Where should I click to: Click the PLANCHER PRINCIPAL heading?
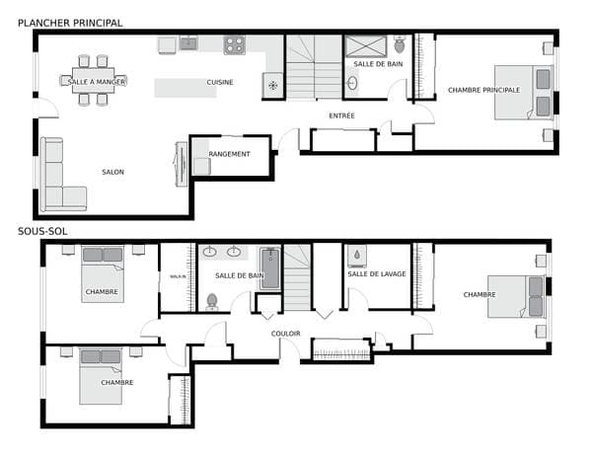(70, 23)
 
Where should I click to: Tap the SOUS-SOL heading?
(42, 231)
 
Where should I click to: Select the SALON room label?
(112, 172)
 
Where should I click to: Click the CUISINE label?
(220, 82)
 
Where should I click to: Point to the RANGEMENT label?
(229, 154)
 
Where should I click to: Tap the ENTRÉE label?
(341, 115)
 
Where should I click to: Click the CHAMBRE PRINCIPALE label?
(484, 90)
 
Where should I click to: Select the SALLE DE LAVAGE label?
(377, 273)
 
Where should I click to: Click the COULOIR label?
(286, 334)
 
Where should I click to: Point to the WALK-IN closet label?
(178, 276)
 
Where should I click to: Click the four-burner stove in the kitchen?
(235, 45)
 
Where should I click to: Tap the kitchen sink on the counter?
(188, 43)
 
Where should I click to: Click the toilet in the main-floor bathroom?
(399, 44)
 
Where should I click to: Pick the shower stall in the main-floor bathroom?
(366, 46)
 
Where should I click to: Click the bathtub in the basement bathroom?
(270, 268)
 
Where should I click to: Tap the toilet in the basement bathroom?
(212, 302)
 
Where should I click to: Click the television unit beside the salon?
(182, 164)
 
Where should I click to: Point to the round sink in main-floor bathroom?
(352, 83)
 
